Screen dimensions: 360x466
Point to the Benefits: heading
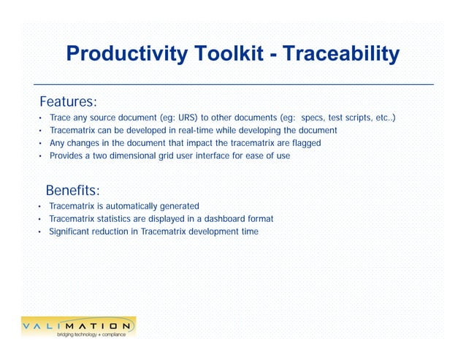pos(77,191)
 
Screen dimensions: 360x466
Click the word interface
pos(232,156)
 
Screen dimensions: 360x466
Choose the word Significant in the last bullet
pos(69,231)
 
